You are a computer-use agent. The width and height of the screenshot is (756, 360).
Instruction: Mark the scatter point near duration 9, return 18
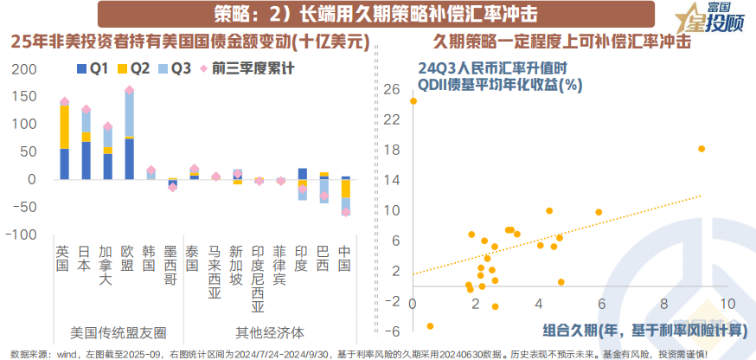tap(701, 149)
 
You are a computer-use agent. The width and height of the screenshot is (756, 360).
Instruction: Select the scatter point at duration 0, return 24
tap(413, 101)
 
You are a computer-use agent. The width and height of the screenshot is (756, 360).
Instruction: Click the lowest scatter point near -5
tap(430, 326)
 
